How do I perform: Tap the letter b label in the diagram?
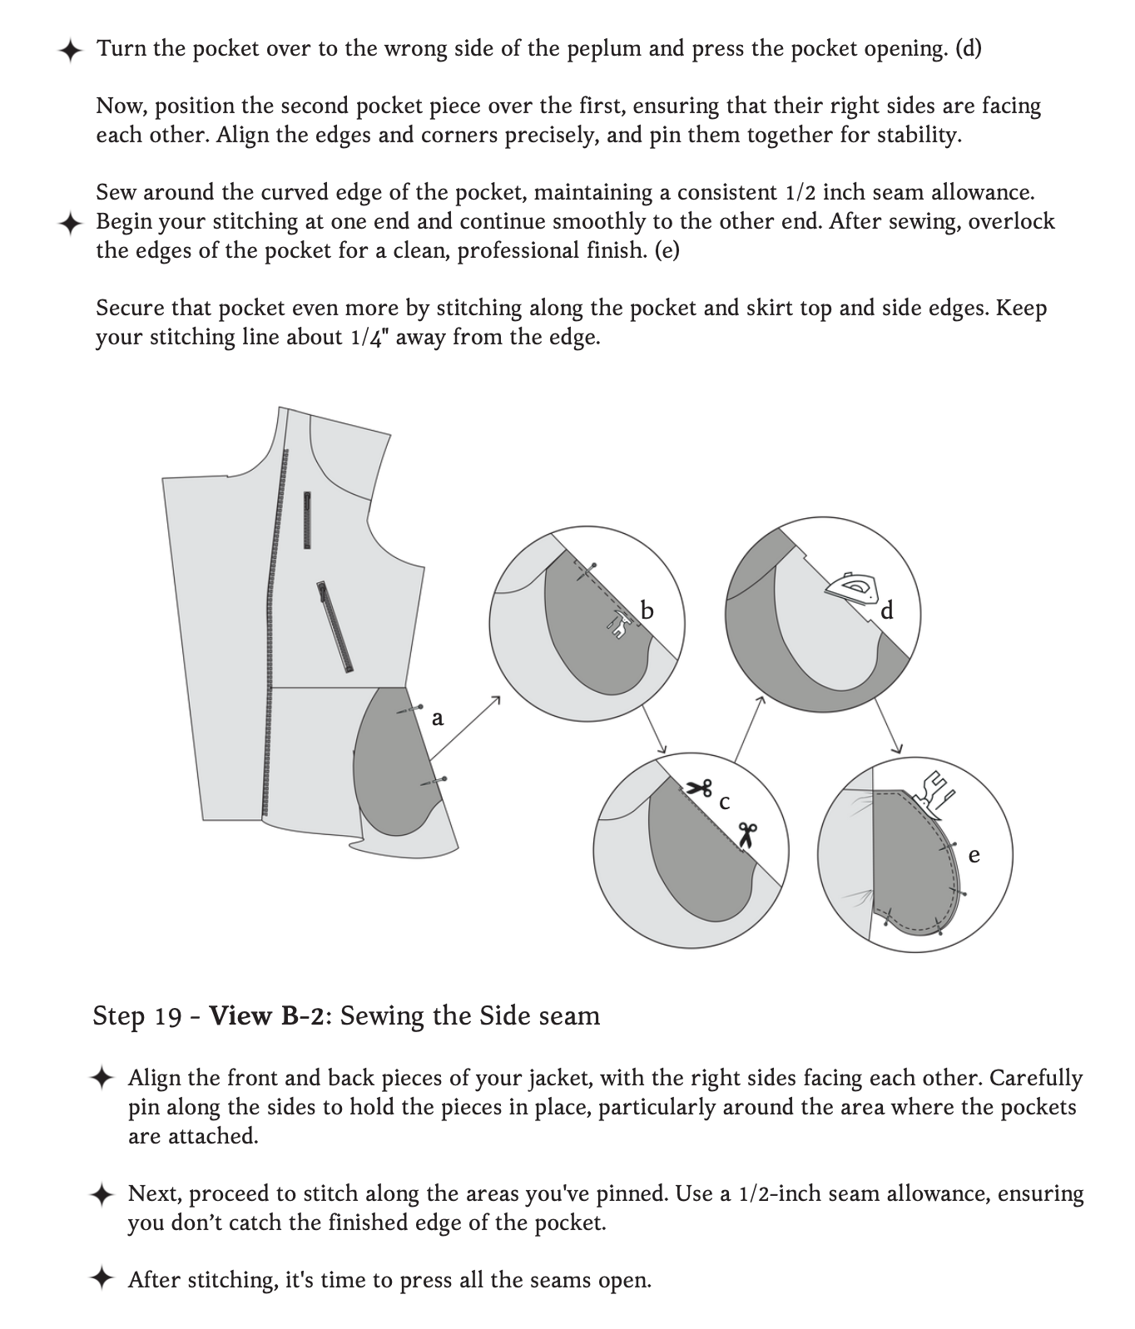(647, 611)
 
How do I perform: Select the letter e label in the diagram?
(974, 855)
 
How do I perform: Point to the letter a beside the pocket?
(438, 717)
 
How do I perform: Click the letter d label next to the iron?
(887, 611)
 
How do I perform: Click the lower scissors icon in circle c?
(746, 835)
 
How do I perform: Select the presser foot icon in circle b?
(617, 624)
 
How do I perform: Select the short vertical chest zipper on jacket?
(307, 520)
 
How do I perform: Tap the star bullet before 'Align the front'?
(102, 1078)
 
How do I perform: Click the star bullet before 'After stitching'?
(102, 1279)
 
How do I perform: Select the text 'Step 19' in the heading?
(137, 1016)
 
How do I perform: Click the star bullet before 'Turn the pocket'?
(71, 50)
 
